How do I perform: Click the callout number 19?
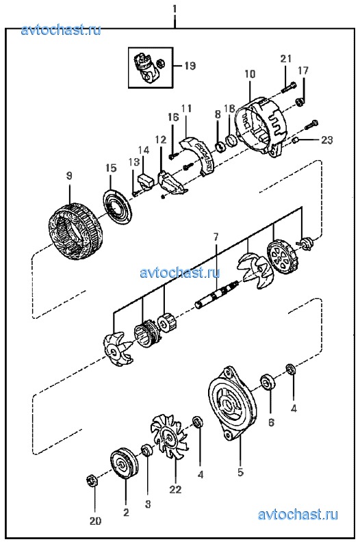click(x=190, y=66)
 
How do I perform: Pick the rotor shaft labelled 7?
click(x=217, y=294)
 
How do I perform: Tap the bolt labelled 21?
click(x=288, y=88)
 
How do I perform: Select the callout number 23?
click(x=326, y=140)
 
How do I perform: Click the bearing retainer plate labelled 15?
click(x=118, y=207)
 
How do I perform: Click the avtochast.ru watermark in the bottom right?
click(x=298, y=515)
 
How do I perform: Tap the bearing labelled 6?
click(x=268, y=381)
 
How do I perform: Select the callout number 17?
click(x=303, y=70)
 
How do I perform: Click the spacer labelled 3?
click(x=146, y=451)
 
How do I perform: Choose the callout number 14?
click(x=144, y=150)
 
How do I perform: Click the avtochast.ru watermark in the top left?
click(x=61, y=30)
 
